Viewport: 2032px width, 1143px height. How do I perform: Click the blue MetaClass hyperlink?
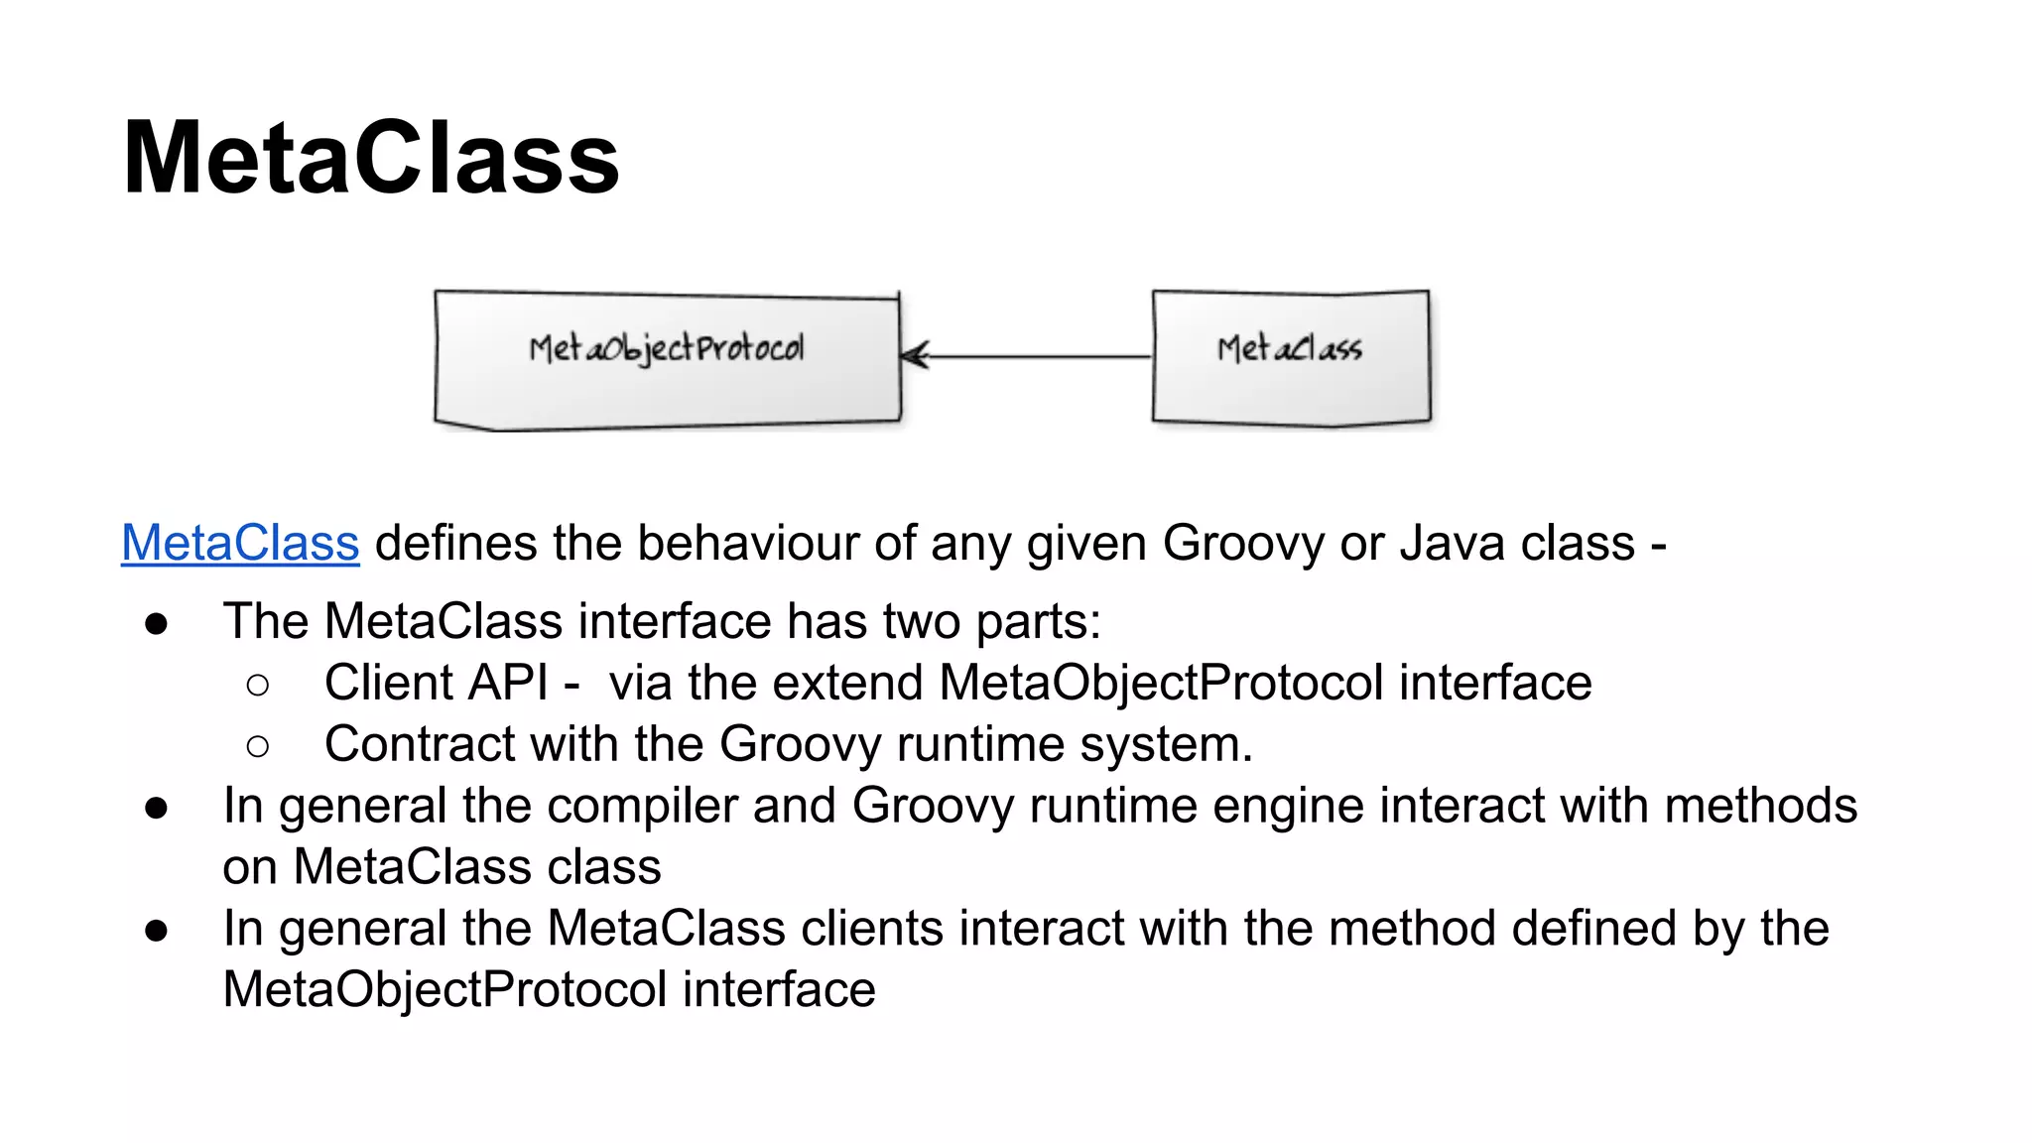(240, 544)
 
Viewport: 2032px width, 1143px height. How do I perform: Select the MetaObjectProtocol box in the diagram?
(667, 359)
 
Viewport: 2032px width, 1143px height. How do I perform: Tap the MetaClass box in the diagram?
(1290, 357)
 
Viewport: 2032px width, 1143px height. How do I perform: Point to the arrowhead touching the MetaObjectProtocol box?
(913, 355)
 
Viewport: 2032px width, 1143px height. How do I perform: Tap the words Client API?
(436, 684)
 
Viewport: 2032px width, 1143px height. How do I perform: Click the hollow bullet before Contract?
(258, 746)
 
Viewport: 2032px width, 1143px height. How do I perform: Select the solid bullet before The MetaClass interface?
(156, 624)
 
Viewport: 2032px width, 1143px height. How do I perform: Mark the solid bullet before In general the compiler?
(156, 808)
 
